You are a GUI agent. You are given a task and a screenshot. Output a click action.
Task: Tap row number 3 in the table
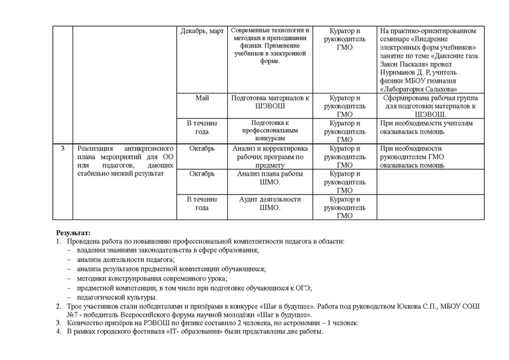click(62, 149)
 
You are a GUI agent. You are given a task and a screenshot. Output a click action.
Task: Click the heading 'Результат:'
click(73, 233)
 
